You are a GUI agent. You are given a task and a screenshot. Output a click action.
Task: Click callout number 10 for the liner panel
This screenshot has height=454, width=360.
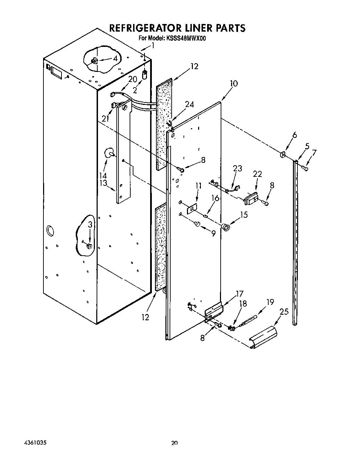tap(234, 84)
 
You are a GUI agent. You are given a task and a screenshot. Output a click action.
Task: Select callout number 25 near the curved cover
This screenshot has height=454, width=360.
tap(284, 312)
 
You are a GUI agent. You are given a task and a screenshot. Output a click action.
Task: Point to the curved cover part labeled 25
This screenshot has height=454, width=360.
tap(264, 336)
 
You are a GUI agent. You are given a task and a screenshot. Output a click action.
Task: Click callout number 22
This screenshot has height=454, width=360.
tap(257, 174)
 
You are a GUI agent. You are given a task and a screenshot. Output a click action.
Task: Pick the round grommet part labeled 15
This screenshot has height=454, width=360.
tap(226, 227)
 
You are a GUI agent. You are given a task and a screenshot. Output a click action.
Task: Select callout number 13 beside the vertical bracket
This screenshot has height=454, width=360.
tap(103, 183)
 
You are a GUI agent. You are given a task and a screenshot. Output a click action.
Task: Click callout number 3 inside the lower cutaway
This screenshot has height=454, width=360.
tap(90, 225)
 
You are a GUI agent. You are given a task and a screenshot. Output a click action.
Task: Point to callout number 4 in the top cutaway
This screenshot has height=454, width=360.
tap(115, 59)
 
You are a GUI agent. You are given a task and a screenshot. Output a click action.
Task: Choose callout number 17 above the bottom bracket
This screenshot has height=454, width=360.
tap(239, 293)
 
